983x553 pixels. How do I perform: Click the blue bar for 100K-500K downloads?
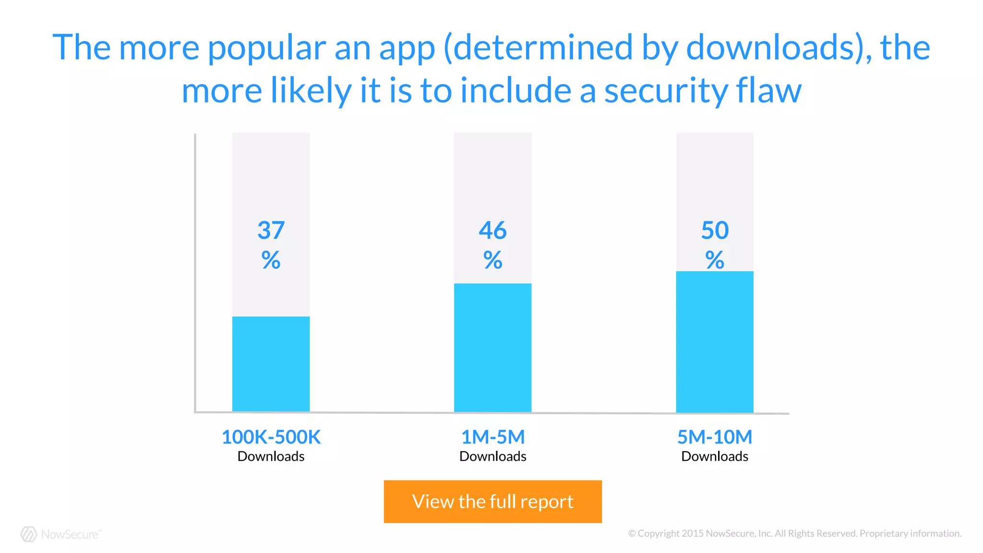[271, 364]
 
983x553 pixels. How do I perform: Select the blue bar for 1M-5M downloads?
[492, 348]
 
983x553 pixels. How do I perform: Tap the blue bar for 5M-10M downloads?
[714, 342]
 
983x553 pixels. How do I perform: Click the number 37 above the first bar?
[271, 230]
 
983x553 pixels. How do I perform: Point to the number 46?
[492, 230]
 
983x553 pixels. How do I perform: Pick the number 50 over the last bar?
[715, 230]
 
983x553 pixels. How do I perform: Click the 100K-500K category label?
[271, 437]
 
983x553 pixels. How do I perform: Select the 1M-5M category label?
[492, 437]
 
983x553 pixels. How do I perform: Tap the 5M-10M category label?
[714, 437]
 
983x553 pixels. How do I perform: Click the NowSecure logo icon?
[29, 534]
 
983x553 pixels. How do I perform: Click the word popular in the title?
[267, 48]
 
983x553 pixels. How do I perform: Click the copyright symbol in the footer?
[632, 533]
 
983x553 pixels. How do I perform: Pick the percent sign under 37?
[271, 260]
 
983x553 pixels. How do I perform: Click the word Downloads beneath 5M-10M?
[714, 456]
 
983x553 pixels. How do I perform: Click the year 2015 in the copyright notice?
[693, 533]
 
